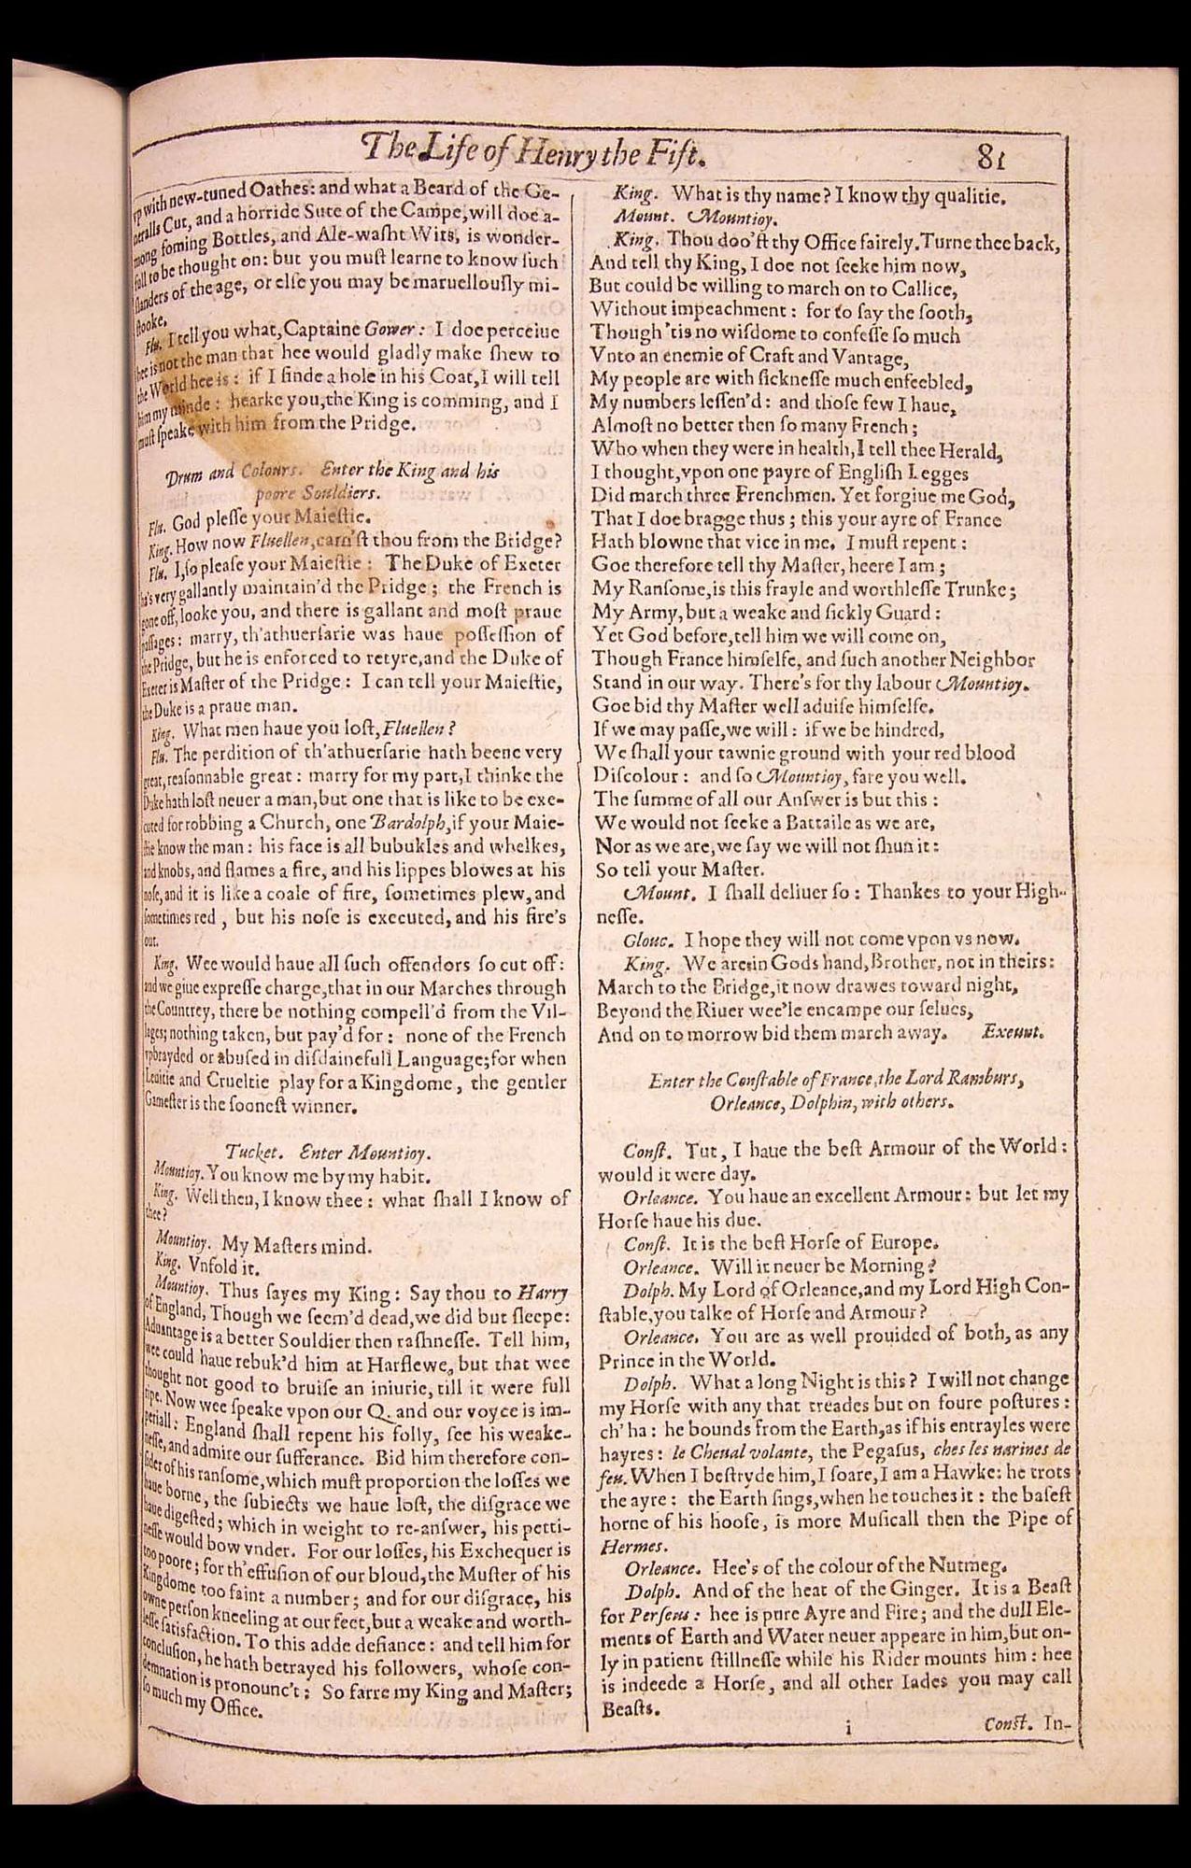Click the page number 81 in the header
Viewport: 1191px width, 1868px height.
tap(991, 157)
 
